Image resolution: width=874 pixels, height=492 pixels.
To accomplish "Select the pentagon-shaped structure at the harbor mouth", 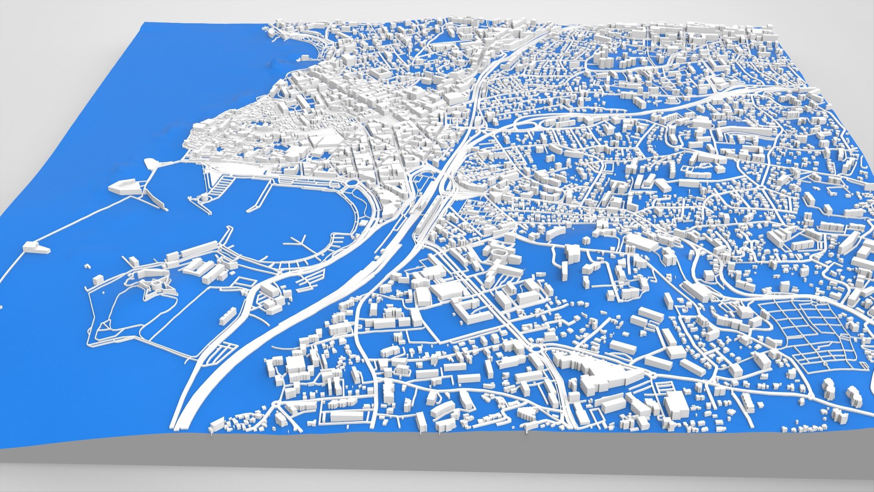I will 122,187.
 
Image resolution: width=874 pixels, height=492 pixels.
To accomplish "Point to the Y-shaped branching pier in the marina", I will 298,242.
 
